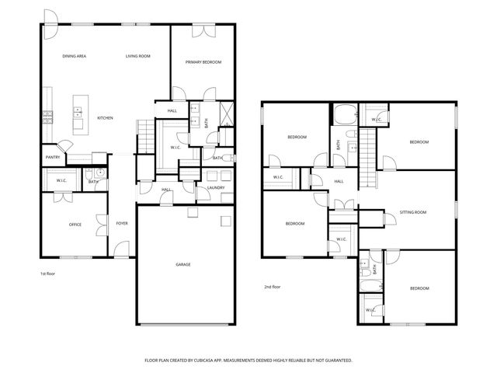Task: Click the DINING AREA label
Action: [x=75, y=57]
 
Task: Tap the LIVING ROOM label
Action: [x=137, y=57]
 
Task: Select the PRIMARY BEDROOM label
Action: [x=203, y=62]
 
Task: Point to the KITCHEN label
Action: [x=105, y=118]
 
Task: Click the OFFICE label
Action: [x=75, y=225]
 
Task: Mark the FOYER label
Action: [x=122, y=224]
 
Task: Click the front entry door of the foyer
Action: [x=120, y=251]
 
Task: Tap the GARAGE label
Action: [x=182, y=264]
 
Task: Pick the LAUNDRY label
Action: [x=216, y=187]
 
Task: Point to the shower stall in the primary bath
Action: [x=225, y=113]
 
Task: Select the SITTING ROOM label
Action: [x=412, y=212]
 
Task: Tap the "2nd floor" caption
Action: [x=272, y=287]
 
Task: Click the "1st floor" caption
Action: [x=47, y=274]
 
